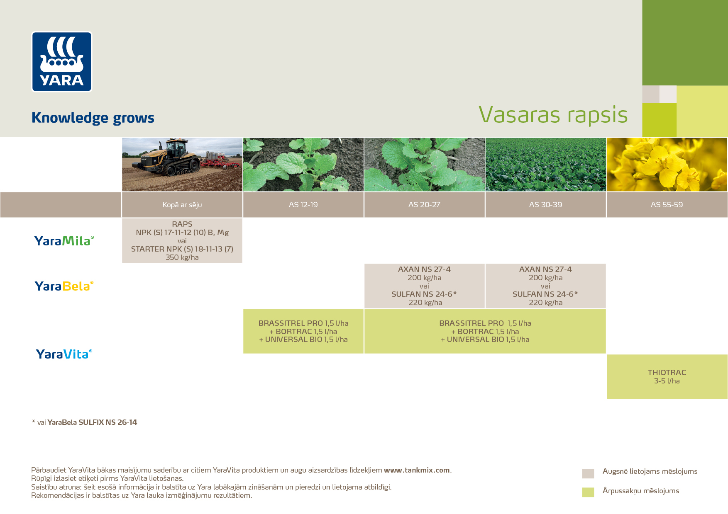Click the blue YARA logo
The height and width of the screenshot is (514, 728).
point(62,61)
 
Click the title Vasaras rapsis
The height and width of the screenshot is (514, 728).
point(553,115)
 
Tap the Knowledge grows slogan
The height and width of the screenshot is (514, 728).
point(93,118)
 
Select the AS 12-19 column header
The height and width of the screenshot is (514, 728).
point(303,204)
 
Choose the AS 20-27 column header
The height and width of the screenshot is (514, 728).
point(424,204)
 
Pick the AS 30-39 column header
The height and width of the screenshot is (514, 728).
point(545,204)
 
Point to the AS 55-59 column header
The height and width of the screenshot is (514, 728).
point(667,204)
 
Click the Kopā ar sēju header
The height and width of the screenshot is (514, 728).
point(182,204)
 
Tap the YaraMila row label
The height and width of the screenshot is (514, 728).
point(64,241)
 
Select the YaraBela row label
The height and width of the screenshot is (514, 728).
point(64,286)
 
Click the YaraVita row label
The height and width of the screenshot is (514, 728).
point(64,354)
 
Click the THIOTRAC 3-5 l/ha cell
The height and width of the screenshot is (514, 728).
point(667,376)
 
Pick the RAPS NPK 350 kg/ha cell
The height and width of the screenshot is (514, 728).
point(182,240)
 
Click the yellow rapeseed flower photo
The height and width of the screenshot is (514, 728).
point(667,165)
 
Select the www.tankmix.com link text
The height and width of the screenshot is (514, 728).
point(417,470)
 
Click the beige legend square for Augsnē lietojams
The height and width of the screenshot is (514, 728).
point(588,473)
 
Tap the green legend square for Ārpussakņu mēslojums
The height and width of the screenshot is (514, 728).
point(588,492)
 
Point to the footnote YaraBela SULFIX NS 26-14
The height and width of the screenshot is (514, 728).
point(92,422)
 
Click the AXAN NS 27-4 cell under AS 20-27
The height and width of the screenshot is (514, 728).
point(424,286)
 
